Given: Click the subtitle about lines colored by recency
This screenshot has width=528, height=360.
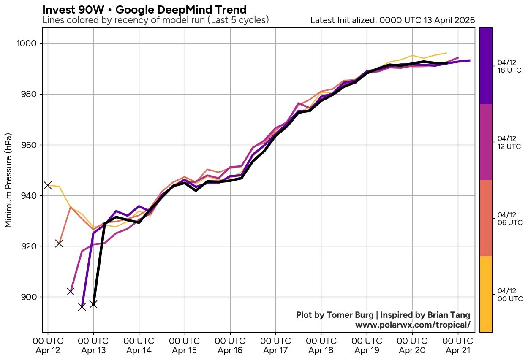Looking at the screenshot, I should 155,20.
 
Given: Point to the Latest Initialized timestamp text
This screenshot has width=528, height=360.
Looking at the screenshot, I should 392,20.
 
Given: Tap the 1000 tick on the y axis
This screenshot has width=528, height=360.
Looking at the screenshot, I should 28,44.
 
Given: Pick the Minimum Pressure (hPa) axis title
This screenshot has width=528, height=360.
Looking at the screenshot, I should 8,180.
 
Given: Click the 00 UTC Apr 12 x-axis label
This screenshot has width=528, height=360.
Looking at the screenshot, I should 48,346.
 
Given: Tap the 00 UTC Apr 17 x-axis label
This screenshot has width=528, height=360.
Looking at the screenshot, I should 275,346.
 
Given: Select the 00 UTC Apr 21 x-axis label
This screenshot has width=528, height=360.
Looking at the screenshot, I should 458,346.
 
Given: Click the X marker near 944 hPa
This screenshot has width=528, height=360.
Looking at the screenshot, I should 48,185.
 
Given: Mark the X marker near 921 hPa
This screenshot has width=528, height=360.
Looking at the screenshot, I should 59,244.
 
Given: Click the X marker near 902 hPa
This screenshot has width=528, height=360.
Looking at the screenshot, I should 71,292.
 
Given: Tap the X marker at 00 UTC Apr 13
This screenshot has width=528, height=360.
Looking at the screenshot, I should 93,304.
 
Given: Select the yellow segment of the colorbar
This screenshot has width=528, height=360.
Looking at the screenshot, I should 486,294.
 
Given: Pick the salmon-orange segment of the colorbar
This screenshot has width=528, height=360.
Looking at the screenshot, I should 486,218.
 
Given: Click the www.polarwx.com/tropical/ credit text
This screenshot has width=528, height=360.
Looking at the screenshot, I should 412,325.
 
